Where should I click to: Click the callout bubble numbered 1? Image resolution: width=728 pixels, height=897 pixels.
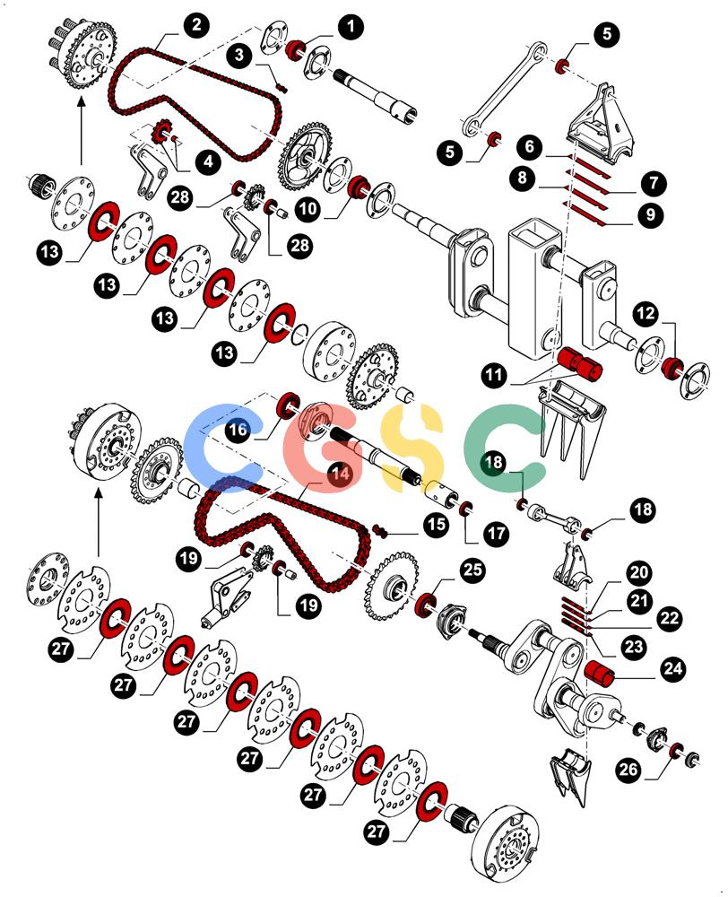[350, 26]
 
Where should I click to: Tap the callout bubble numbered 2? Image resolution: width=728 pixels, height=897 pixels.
[196, 25]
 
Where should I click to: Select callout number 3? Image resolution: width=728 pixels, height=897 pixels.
[239, 55]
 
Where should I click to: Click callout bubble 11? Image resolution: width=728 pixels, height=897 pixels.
[494, 375]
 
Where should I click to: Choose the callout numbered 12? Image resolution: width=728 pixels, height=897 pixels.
[646, 313]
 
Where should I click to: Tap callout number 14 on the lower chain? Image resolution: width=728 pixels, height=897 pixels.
[341, 473]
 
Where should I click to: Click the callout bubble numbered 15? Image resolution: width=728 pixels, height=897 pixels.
[436, 524]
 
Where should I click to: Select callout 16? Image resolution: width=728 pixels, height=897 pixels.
[238, 429]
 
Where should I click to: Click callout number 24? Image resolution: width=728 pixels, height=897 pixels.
[673, 669]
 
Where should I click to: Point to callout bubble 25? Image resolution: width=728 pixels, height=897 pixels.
[472, 570]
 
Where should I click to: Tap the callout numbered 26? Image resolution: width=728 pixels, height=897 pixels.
[628, 769]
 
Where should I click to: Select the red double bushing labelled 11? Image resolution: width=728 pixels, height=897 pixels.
[579, 362]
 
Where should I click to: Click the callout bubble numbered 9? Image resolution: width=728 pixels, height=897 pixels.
[650, 214]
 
